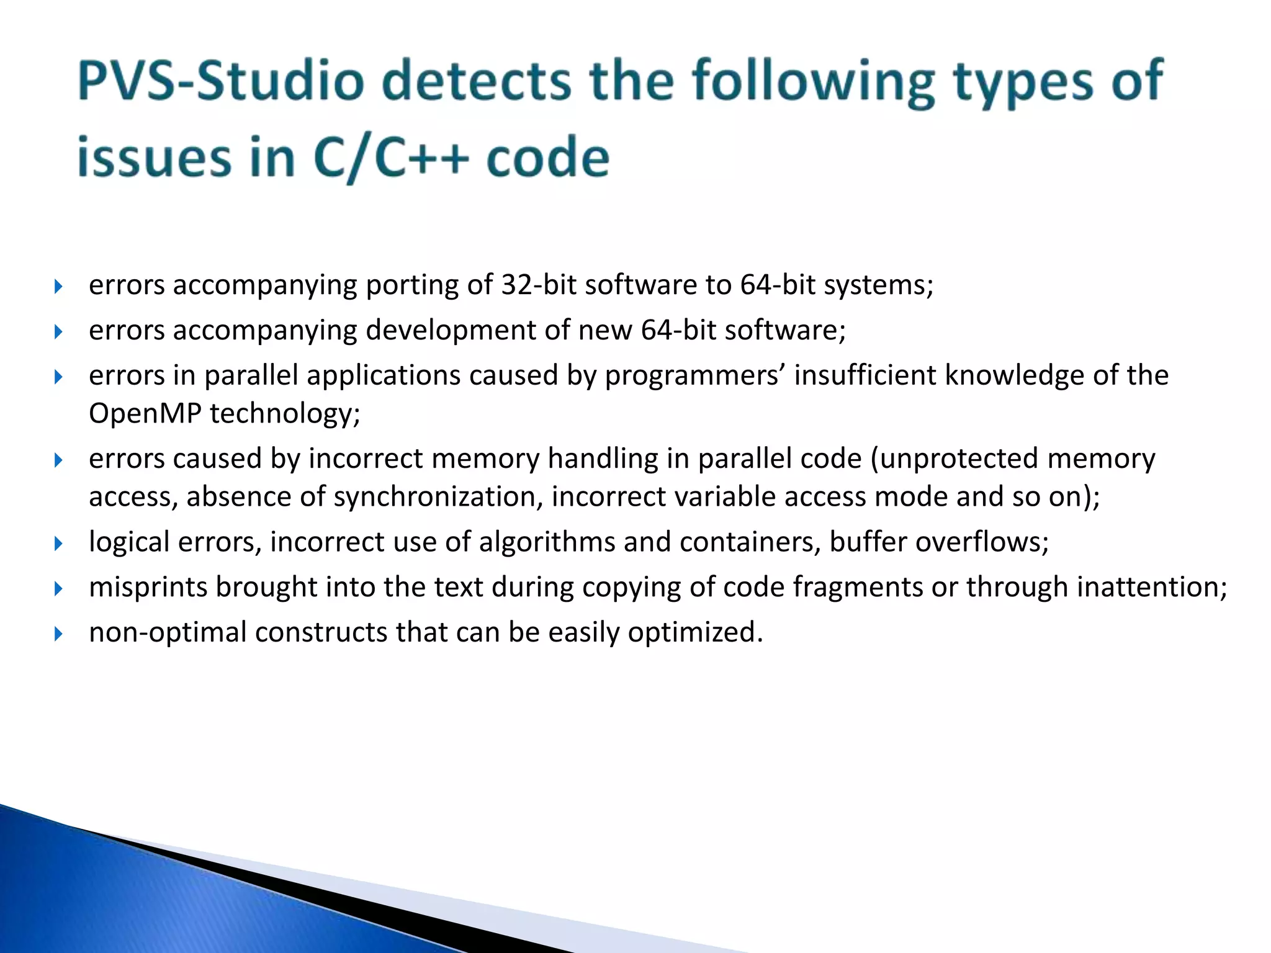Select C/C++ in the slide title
390,158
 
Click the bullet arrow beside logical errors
58,544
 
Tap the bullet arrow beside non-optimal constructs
58,634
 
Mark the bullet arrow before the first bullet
58,287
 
